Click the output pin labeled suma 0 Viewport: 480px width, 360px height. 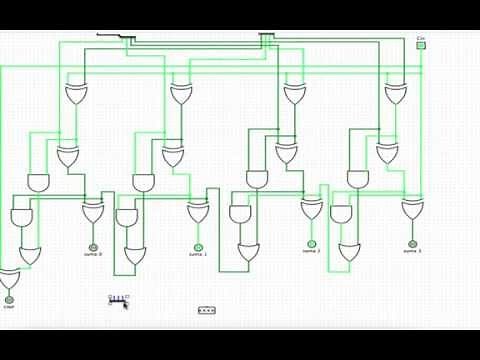[93, 246]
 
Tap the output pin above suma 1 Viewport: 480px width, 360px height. [198, 247]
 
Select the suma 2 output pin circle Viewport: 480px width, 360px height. [312, 244]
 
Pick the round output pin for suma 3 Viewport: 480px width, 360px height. [412, 244]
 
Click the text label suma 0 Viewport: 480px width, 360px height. [93, 254]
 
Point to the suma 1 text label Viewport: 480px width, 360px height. [198, 254]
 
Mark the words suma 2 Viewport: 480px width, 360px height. [312, 251]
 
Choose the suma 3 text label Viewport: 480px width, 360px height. [412, 251]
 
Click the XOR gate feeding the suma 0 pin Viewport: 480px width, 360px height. [93, 212]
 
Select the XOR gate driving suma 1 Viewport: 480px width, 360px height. [198, 212]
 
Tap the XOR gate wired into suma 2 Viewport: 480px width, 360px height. [312, 209]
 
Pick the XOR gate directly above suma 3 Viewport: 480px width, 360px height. [412, 209]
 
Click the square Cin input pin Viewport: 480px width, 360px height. [421, 46]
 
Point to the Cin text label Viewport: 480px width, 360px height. [421, 39]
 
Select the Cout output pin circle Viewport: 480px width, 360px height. [9, 299]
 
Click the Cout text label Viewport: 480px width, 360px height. [9, 307]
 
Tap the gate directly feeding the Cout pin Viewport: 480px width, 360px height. [9, 277]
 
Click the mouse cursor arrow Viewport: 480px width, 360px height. [126, 304]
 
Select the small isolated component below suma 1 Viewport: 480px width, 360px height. [207, 311]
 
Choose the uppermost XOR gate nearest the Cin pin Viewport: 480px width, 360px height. [396, 95]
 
